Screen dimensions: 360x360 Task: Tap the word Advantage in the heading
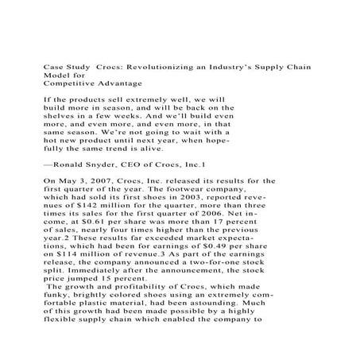[121, 81]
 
